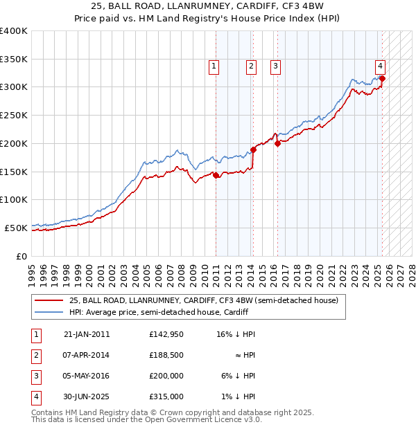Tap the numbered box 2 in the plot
click(250, 66)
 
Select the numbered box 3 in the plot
click(275, 66)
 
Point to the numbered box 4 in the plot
click(381, 66)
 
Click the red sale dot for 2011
click(216, 175)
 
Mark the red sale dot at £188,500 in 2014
click(253, 149)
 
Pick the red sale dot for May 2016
click(277, 143)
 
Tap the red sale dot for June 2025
click(382, 78)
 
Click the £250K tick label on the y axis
click(14, 115)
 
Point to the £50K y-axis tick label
click(16, 228)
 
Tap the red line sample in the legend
click(48, 301)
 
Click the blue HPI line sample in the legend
click(48, 313)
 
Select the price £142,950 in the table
click(166, 334)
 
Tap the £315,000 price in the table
click(166, 396)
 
